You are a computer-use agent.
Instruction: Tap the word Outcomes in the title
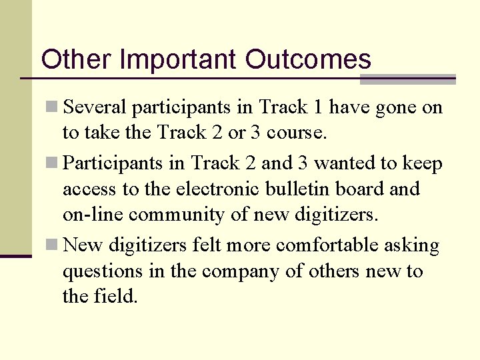[x=308, y=59]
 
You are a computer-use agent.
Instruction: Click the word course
[x=298, y=133]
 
